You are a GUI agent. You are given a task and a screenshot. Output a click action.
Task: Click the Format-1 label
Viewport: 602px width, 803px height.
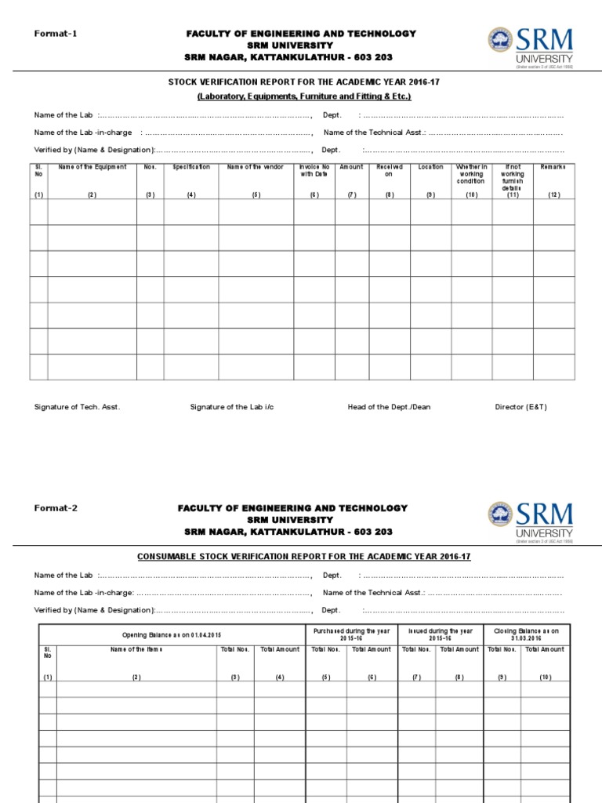pyautogui.click(x=56, y=33)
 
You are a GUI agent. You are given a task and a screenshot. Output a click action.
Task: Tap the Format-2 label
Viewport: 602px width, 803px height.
pyautogui.click(x=56, y=507)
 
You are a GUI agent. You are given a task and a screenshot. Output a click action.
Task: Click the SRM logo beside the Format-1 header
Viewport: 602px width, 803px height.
pyautogui.click(x=531, y=47)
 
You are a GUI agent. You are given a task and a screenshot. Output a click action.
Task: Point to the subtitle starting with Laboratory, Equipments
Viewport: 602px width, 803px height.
pyautogui.click(x=303, y=96)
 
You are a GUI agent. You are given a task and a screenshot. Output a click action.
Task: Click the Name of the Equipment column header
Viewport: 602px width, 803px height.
pyautogui.click(x=92, y=167)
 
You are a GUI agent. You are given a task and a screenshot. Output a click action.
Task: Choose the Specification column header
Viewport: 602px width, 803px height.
pyautogui.click(x=191, y=167)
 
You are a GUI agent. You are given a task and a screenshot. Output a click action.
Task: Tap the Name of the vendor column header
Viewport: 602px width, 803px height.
pyautogui.click(x=256, y=167)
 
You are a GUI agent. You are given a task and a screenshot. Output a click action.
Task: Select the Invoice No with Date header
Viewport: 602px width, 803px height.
pyautogui.click(x=314, y=170)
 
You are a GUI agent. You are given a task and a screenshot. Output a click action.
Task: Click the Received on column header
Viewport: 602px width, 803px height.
pyautogui.click(x=390, y=170)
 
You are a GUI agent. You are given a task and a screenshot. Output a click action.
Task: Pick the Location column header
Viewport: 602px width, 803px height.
pyautogui.click(x=430, y=167)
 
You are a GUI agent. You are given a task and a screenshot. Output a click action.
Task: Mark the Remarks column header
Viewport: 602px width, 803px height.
pyautogui.click(x=553, y=167)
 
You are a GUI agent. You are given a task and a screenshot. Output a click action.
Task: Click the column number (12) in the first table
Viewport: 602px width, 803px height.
pyautogui.click(x=553, y=194)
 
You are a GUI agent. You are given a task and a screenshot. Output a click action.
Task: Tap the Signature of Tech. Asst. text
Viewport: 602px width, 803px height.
pyautogui.click(x=77, y=407)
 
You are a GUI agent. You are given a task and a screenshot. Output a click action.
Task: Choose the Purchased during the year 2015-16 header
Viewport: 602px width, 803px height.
pyautogui.click(x=351, y=634)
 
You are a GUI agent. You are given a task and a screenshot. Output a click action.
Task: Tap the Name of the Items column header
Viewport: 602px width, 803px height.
pyautogui.click(x=136, y=649)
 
